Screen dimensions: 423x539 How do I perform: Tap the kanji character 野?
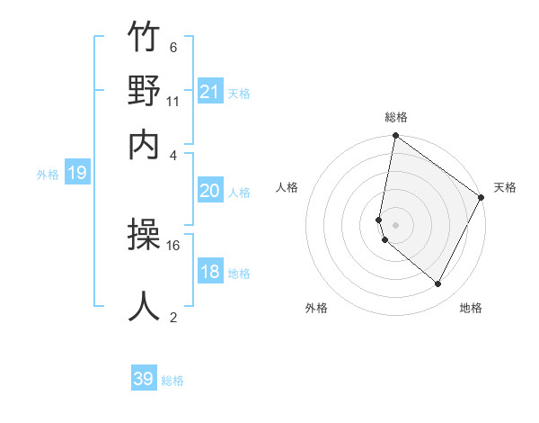(x=145, y=92)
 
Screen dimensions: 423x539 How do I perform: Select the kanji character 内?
(x=145, y=143)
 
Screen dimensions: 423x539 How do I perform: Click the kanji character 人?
(x=145, y=306)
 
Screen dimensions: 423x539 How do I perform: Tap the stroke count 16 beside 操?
(x=173, y=244)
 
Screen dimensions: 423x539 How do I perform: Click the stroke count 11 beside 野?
(x=173, y=101)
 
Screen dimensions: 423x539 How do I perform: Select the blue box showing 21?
(x=210, y=92)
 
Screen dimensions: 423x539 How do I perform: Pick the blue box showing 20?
(x=210, y=191)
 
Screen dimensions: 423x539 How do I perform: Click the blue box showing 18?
(x=210, y=272)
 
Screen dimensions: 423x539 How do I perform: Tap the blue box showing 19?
(x=77, y=174)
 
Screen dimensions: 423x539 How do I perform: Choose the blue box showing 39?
(x=144, y=379)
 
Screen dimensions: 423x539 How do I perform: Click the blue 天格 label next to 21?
(x=239, y=93)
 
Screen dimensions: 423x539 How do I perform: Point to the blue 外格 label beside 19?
(x=48, y=175)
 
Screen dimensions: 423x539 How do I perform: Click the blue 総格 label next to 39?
(x=172, y=381)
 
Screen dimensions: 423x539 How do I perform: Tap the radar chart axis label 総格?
(x=396, y=118)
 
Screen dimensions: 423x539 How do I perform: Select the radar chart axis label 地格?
(x=471, y=308)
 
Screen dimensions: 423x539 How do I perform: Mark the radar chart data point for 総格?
(x=395, y=137)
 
